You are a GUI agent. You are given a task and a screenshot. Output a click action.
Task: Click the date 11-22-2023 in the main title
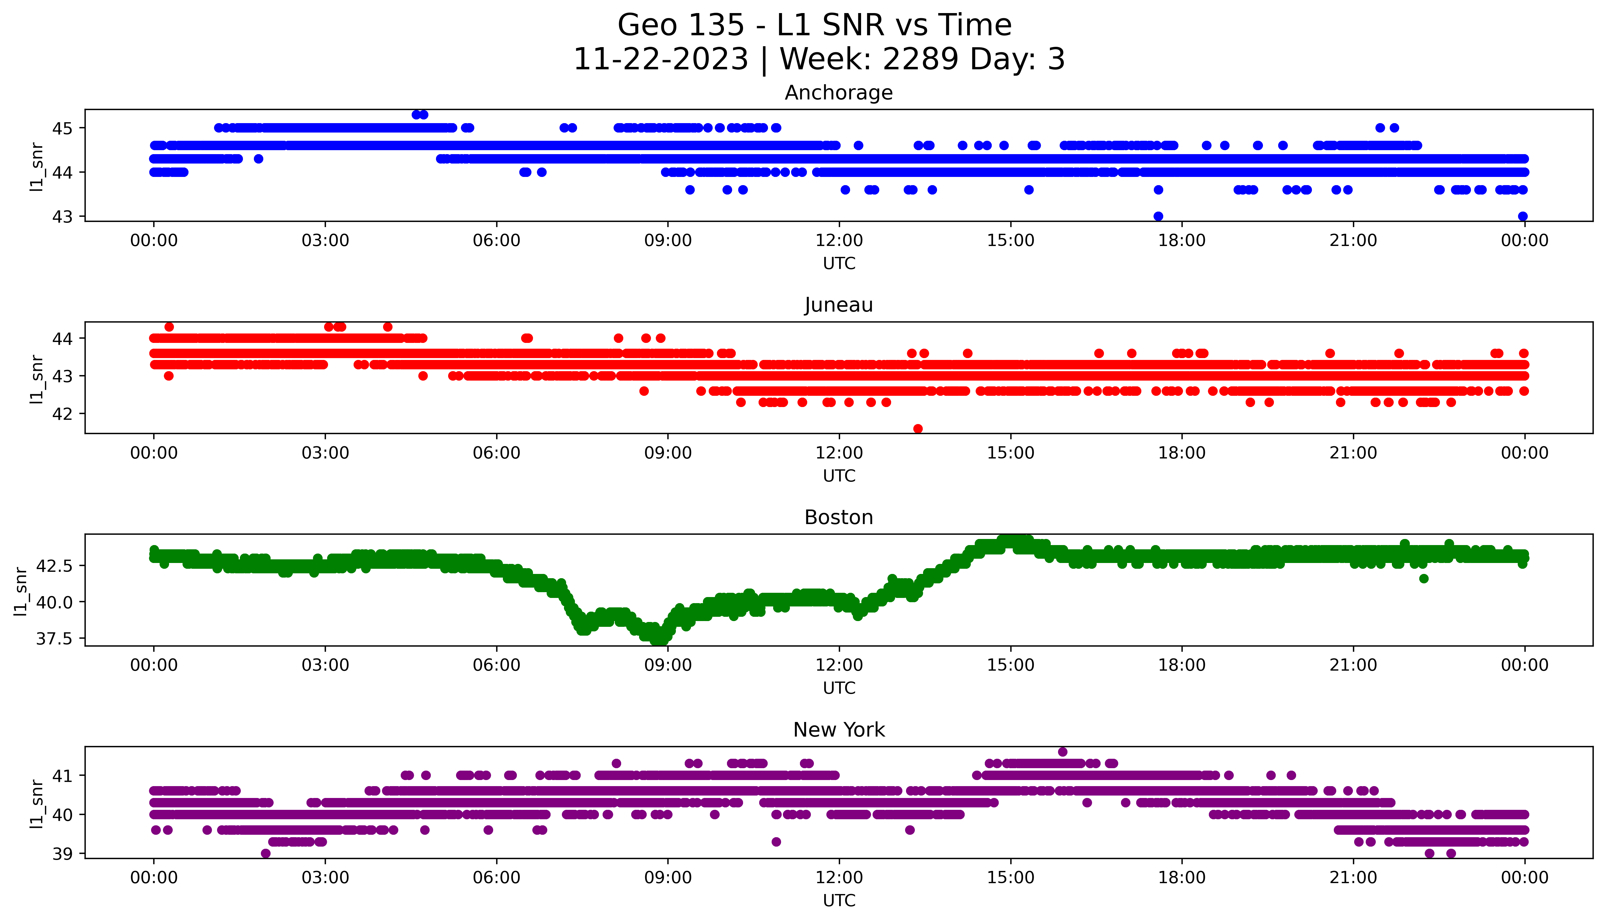pyautogui.click(x=660, y=60)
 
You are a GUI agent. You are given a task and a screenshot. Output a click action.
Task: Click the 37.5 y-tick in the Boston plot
pyautogui.click(x=54, y=639)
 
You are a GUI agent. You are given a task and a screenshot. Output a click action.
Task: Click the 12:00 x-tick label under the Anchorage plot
pyautogui.click(x=839, y=241)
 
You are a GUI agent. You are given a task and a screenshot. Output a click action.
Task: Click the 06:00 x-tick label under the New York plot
pyautogui.click(x=496, y=878)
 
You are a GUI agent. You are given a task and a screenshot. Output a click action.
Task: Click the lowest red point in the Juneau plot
pyautogui.click(x=917, y=429)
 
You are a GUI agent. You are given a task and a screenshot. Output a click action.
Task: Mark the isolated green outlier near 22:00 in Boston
pyautogui.click(x=1424, y=578)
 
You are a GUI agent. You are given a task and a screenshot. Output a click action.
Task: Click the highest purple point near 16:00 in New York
pyautogui.click(x=1062, y=752)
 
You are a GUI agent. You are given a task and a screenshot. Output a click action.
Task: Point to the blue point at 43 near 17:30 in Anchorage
pyautogui.click(x=1158, y=216)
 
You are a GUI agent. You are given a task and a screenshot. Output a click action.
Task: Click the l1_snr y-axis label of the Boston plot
pyautogui.click(x=21, y=591)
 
